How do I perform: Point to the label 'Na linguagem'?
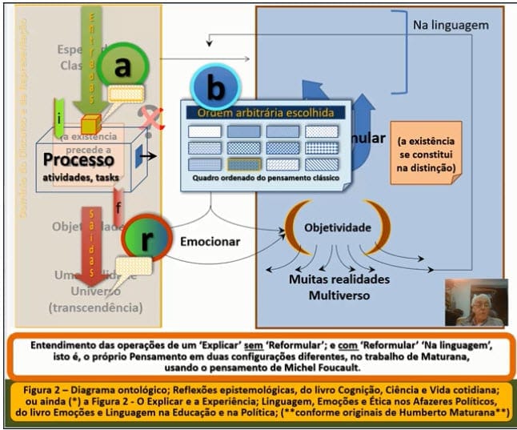(451, 26)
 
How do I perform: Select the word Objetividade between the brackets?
(337, 228)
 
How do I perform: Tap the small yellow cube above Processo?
(89, 124)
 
